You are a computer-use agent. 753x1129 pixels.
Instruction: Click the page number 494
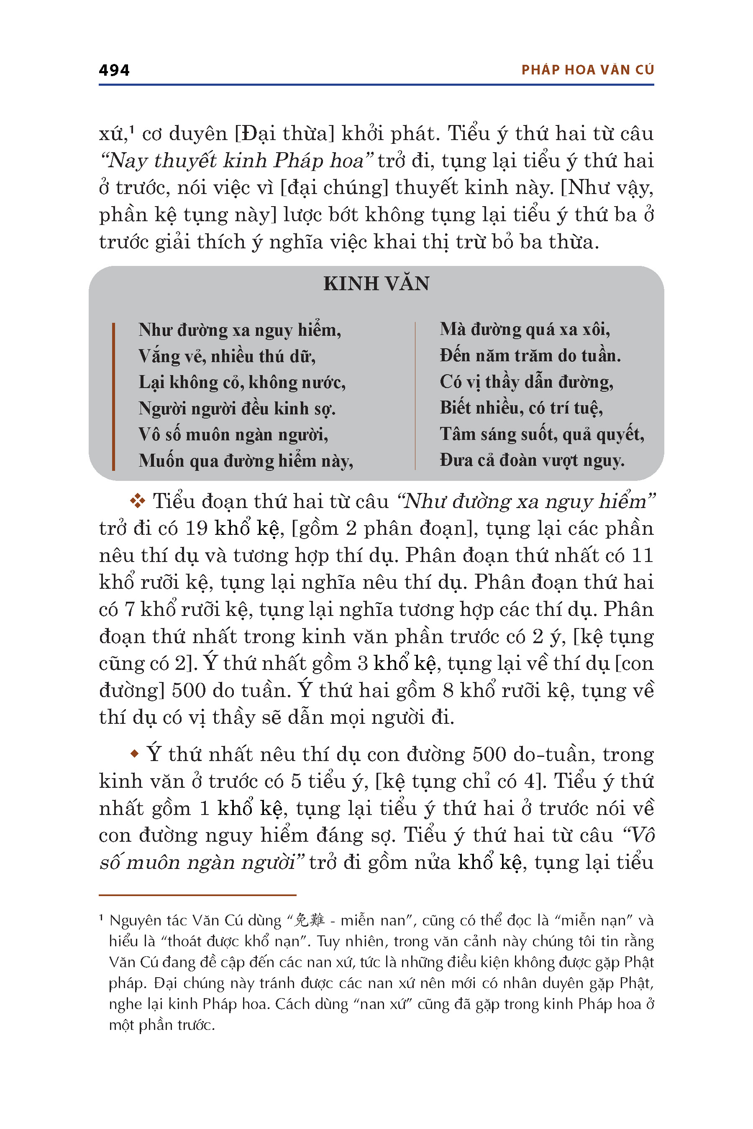(x=114, y=70)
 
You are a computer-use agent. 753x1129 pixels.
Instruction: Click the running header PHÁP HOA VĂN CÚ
(x=587, y=70)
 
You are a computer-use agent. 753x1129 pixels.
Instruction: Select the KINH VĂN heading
(x=376, y=284)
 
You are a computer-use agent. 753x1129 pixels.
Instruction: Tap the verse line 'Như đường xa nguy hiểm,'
(x=240, y=330)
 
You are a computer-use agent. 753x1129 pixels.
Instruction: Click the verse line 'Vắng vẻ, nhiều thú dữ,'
(x=227, y=356)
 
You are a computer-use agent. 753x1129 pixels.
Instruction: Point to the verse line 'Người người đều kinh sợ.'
(x=237, y=409)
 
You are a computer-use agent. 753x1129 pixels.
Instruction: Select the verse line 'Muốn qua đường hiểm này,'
(x=246, y=461)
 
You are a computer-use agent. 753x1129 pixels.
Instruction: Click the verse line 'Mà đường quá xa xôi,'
(x=525, y=330)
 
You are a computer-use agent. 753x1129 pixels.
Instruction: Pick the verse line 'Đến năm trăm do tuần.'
(x=530, y=356)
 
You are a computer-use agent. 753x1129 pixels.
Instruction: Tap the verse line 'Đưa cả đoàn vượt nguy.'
(x=532, y=460)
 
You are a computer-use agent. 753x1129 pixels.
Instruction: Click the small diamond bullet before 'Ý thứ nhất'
(x=135, y=754)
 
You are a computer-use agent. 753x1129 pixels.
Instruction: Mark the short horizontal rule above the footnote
(x=197, y=895)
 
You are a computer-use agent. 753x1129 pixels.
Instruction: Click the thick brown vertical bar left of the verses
(x=113, y=396)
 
